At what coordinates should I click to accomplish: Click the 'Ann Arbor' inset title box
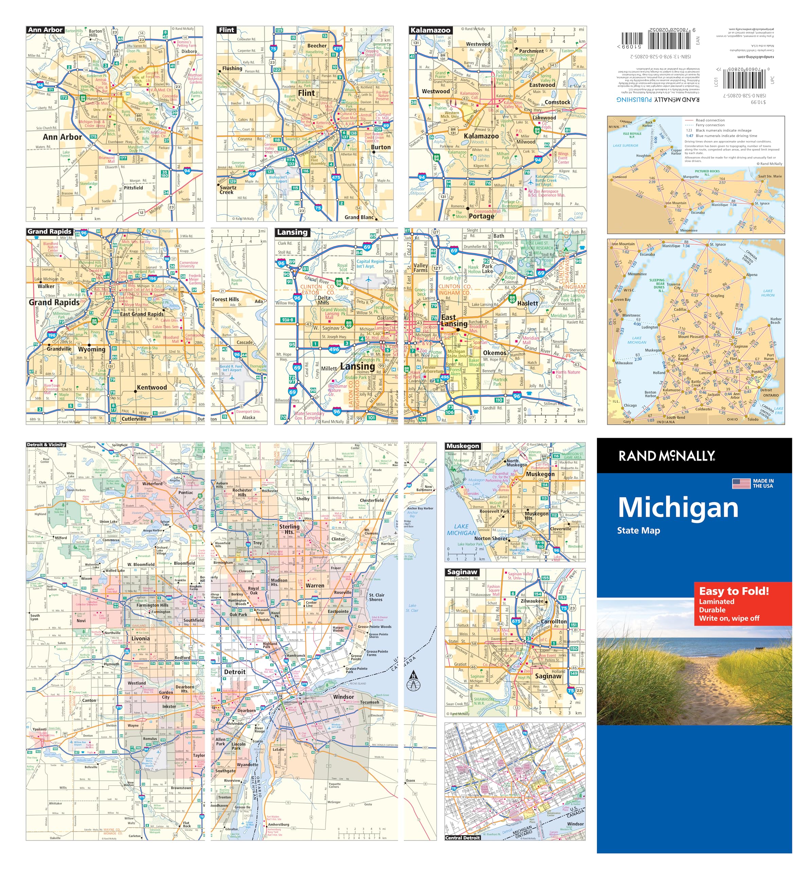pos(46,30)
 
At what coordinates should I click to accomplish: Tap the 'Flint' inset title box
pos(227,30)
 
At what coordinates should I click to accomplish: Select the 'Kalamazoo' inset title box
pos(430,30)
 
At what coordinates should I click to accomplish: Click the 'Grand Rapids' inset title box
pos(50,231)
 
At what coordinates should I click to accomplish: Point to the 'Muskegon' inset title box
pos(463,446)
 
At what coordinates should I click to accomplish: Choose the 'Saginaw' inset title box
pos(462,572)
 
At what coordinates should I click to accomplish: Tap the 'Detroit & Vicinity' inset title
pos(46,445)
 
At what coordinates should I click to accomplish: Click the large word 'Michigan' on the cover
pos(678,508)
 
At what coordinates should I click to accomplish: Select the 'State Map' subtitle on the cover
pos(638,530)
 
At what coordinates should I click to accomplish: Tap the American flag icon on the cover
pos(741,484)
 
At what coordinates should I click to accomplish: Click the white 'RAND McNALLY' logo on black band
pos(666,456)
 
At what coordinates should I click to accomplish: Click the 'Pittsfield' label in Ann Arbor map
pos(134,188)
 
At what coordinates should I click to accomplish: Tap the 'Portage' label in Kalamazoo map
pos(481,216)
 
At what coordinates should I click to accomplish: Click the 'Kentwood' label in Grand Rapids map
pos(152,387)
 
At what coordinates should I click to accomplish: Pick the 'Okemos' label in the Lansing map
pos(494,353)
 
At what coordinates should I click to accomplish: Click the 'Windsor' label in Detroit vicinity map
pos(344,697)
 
